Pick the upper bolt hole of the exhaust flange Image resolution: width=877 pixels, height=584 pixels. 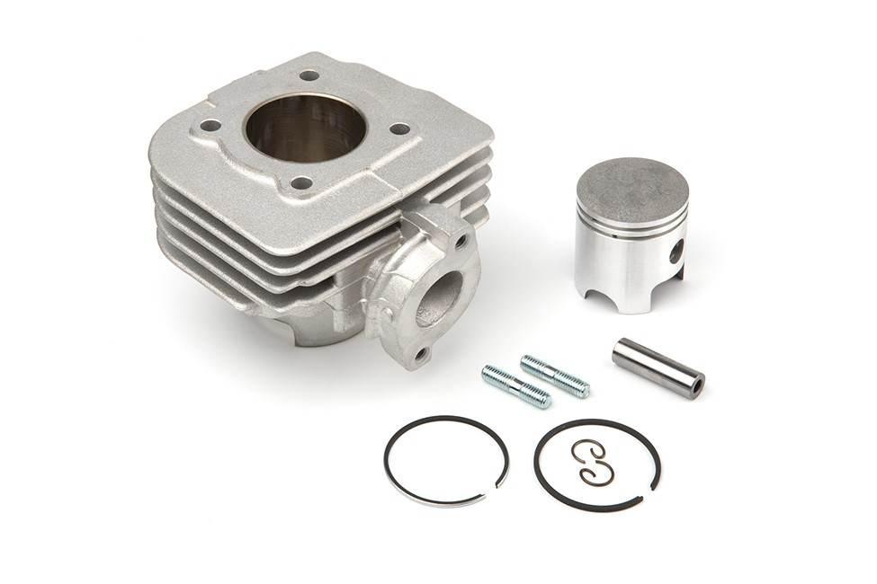coord(461,241)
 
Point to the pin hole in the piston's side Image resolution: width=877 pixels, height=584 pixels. coord(676,252)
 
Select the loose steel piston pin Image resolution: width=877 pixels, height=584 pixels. coord(658,367)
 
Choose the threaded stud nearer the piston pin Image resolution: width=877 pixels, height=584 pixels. coord(555,376)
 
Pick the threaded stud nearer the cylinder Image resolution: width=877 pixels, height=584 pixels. coord(516,386)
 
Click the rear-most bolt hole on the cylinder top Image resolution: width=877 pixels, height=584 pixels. coord(309,75)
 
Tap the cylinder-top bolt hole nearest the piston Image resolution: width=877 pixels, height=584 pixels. coord(399,128)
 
